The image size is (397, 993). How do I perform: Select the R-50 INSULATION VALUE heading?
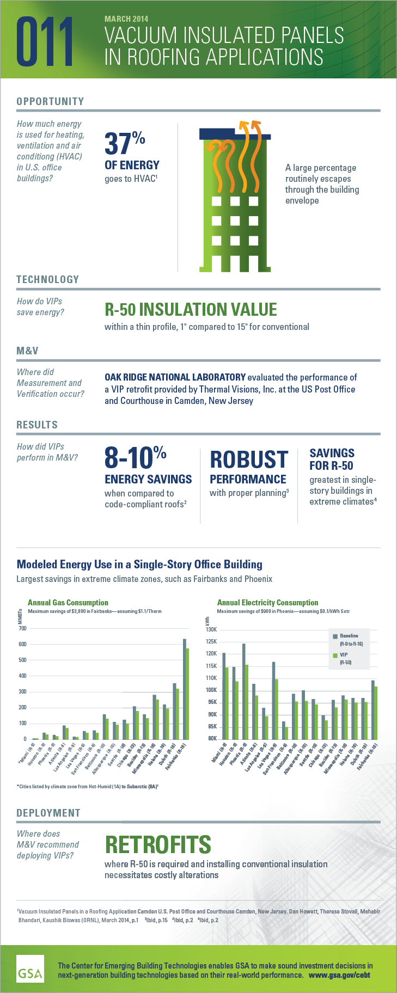coord(191,310)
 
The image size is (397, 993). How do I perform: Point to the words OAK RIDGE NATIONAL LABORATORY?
coord(175,377)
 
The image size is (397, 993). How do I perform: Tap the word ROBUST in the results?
coord(249,459)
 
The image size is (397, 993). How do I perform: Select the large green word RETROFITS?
coord(158,844)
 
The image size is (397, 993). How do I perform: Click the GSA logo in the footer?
coord(30,969)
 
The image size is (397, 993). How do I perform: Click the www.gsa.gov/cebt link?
coord(339,975)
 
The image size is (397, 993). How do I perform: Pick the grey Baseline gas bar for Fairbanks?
coord(184,689)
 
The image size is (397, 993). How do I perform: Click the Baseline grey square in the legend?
coord(335,636)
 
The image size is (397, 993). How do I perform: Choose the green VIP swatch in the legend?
coord(335,655)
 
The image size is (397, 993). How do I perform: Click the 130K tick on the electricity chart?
coord(211,629)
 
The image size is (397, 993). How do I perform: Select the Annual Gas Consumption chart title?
coord(68,603)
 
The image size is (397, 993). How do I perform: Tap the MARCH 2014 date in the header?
coord(126,19)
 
